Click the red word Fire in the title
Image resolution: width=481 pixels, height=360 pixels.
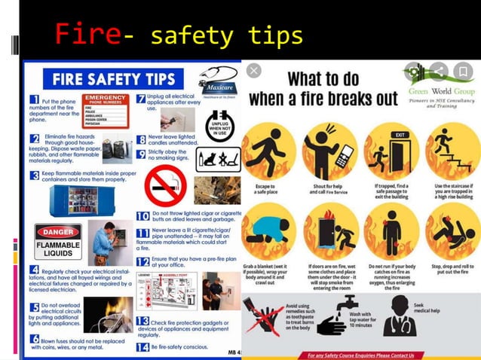point(87,34)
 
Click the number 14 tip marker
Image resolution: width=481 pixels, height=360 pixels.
point(142,346)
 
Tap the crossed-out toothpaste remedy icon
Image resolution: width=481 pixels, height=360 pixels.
point(260,317)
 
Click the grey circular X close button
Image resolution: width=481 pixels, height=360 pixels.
point(254,71)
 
